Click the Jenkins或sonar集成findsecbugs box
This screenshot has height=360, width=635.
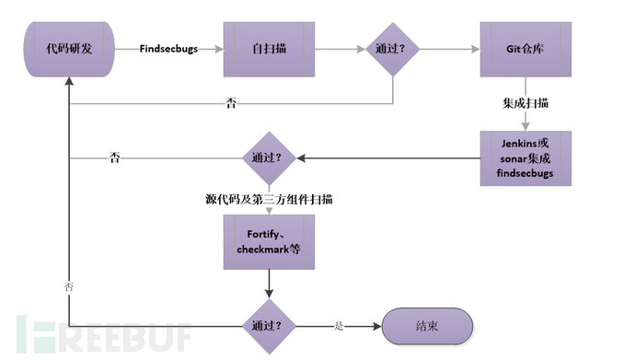[525, 158]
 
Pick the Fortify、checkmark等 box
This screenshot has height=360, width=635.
[269, 241]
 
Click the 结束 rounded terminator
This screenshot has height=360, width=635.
[428, 326]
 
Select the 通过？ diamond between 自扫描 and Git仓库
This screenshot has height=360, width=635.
[393, 49]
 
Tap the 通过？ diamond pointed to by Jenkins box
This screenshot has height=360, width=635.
[269, 157]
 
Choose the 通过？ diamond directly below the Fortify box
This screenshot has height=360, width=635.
[269, 326]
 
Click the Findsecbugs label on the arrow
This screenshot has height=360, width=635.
[168, 49]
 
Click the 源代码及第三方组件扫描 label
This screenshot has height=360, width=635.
[269, 199]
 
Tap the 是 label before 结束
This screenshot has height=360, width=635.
[338, 326]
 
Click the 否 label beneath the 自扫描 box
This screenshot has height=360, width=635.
[230, 103]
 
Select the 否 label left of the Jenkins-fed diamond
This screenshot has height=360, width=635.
[114, 157]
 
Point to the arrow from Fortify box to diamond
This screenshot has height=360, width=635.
[269, 283]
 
